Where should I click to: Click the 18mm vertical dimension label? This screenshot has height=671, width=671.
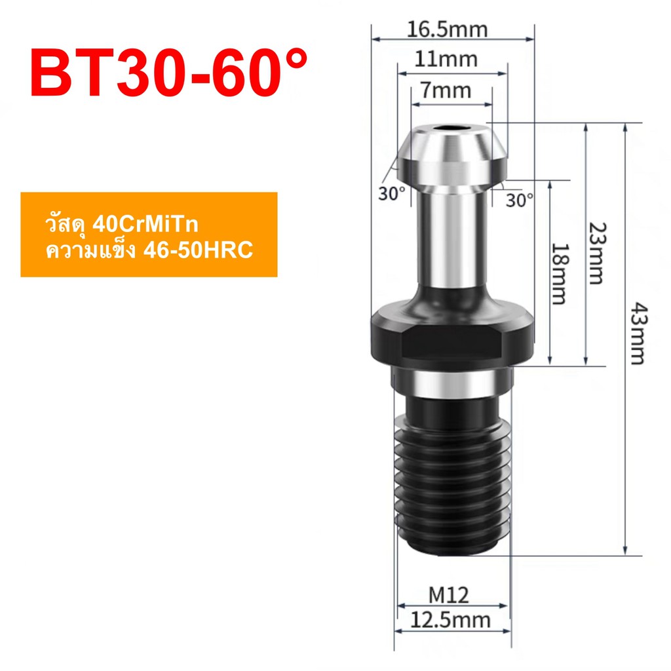[558, 274]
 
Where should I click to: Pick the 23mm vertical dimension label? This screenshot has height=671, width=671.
[594, 252]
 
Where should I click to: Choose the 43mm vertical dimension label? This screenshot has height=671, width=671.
[635, 333]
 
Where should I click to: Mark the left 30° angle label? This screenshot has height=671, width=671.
[392, 194]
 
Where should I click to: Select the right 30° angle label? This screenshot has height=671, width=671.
[520, 200]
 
